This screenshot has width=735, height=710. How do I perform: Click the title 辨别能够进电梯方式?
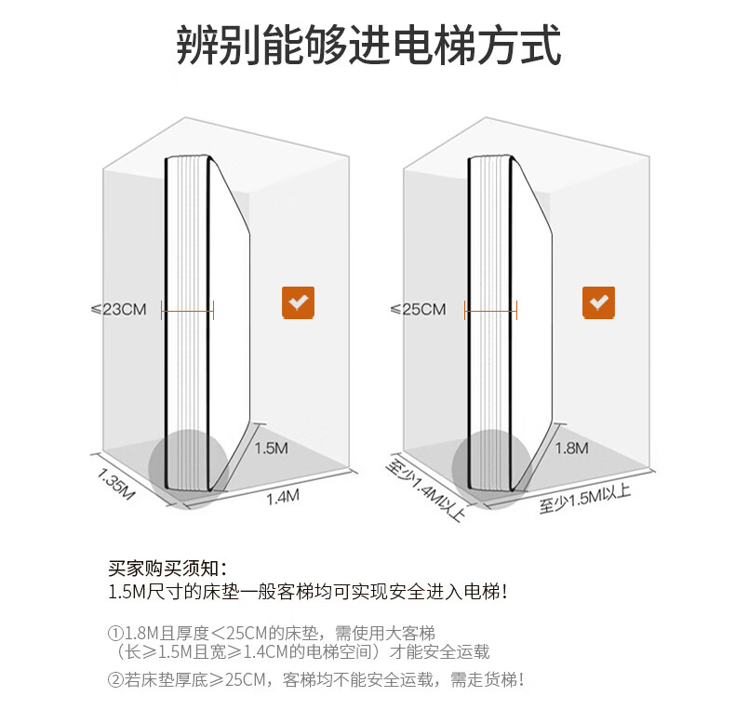point(368,46)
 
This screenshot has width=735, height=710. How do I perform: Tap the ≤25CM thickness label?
point(418,309)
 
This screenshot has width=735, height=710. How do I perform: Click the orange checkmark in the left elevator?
point(298,303)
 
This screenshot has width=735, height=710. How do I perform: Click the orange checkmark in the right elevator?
point(598,303)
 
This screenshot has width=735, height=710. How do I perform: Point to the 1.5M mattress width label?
point(272,449)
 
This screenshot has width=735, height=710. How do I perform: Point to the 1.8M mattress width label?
point(571,449)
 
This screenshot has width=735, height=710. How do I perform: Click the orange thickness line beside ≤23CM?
point(188,310)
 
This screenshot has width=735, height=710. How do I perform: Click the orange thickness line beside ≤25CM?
point(490,310)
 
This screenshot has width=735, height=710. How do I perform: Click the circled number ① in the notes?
point(115,634)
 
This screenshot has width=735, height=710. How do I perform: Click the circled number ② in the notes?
point(115,680)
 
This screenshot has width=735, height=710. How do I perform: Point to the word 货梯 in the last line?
point(497,680)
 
